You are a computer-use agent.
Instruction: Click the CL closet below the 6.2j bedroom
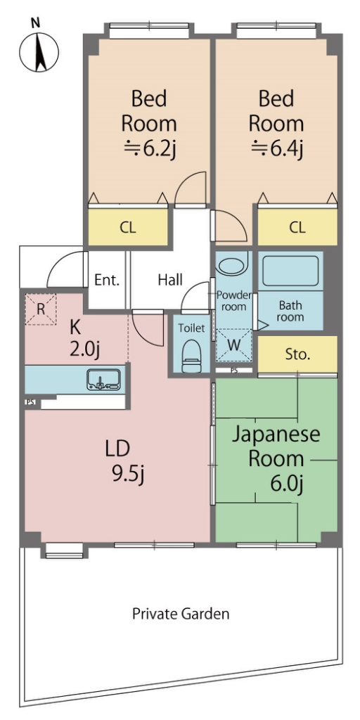(128, 227)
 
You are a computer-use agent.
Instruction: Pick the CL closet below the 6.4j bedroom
(297, 227)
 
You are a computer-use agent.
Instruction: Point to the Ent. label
(107, 280)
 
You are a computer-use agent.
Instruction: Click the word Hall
(170, 280)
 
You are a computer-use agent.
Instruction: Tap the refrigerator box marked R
(40, 309)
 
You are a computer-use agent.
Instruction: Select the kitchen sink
(103, 379)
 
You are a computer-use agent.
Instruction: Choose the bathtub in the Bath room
(290, 271)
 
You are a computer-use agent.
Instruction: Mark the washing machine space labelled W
(233, 346)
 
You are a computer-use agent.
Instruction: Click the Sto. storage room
(297, 354)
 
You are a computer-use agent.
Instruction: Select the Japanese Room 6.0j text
(276, 458)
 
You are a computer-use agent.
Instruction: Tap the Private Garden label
(181, 613)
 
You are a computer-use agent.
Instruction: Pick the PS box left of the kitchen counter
(31, 402)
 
